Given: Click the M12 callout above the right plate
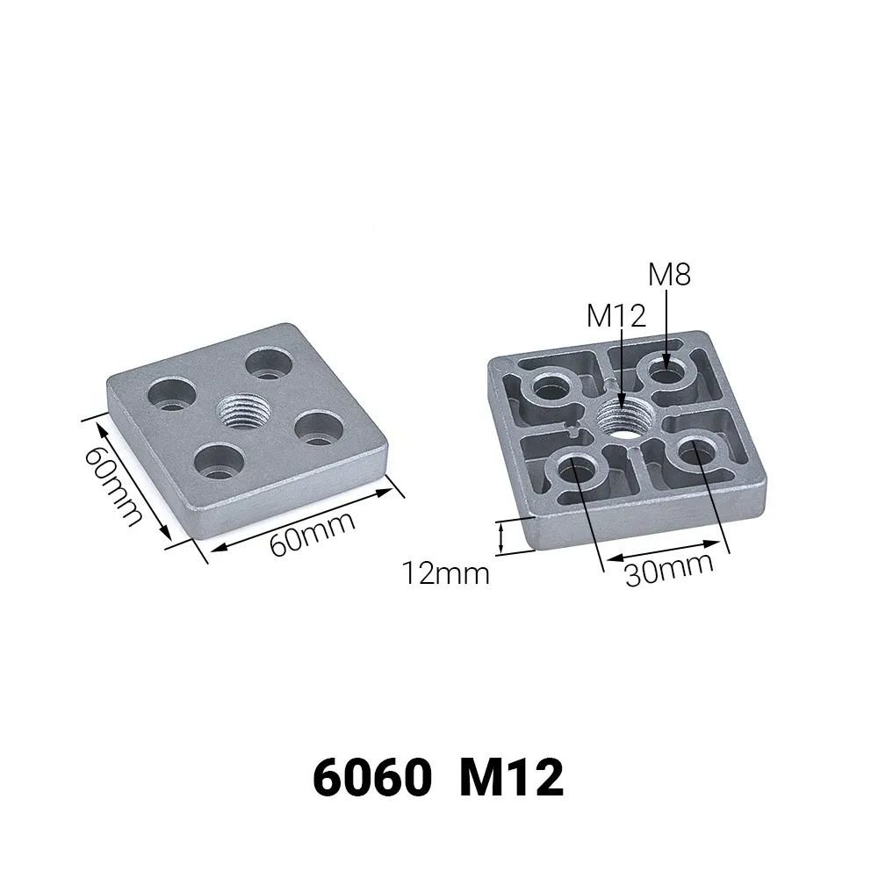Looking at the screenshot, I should (x=615, y=315).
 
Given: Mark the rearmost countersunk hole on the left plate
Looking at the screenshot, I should (x=268, y=363).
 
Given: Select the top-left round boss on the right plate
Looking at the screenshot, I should (x=552, y=385).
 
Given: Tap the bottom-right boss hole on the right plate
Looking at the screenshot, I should (x=695, y=451).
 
